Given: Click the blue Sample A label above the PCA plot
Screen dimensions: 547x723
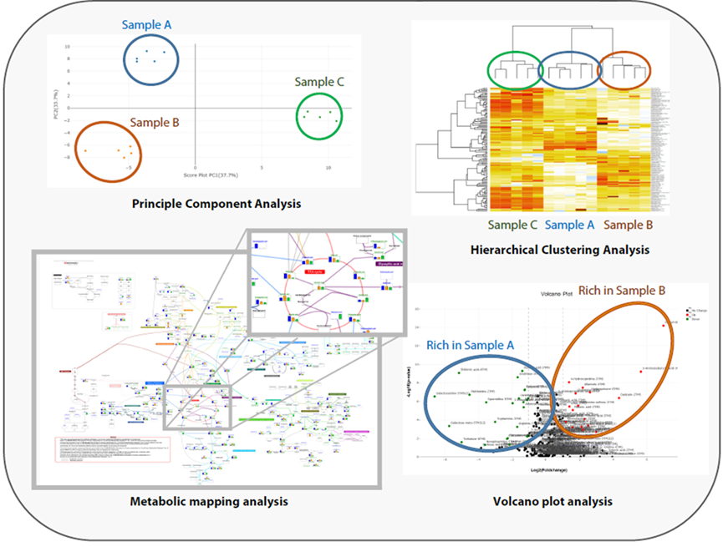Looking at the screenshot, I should click(x=146, y=24).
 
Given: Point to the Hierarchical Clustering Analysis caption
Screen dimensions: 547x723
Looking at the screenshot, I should click(x=560, y=249).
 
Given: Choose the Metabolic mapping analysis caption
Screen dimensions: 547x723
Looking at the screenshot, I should click(x=209, y=501).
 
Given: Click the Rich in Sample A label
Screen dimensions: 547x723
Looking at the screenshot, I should click(x=471, y=344).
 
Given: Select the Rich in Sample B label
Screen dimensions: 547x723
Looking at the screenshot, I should click(x=623, y=290).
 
